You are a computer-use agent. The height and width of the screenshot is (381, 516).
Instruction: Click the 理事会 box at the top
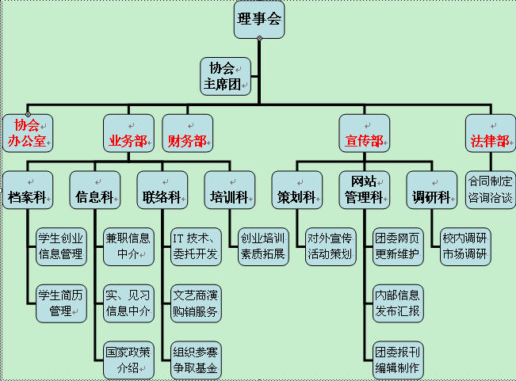point(258,19)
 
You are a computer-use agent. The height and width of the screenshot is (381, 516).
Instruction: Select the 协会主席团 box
point(224,76)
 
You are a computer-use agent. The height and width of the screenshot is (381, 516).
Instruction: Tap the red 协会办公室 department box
point(27,133)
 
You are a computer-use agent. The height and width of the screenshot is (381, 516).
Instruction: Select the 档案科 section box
point(27,189)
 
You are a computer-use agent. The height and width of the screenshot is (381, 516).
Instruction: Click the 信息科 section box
point(94,189)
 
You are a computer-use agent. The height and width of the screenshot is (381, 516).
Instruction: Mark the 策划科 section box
point(297,189)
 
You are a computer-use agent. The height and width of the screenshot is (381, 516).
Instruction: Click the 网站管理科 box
point(365,189)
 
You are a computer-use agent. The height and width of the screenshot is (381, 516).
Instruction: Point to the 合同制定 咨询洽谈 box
point(489,189)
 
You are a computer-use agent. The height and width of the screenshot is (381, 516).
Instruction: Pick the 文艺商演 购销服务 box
point(196,303)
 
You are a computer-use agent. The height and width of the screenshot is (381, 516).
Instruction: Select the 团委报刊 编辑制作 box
point(397,360)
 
